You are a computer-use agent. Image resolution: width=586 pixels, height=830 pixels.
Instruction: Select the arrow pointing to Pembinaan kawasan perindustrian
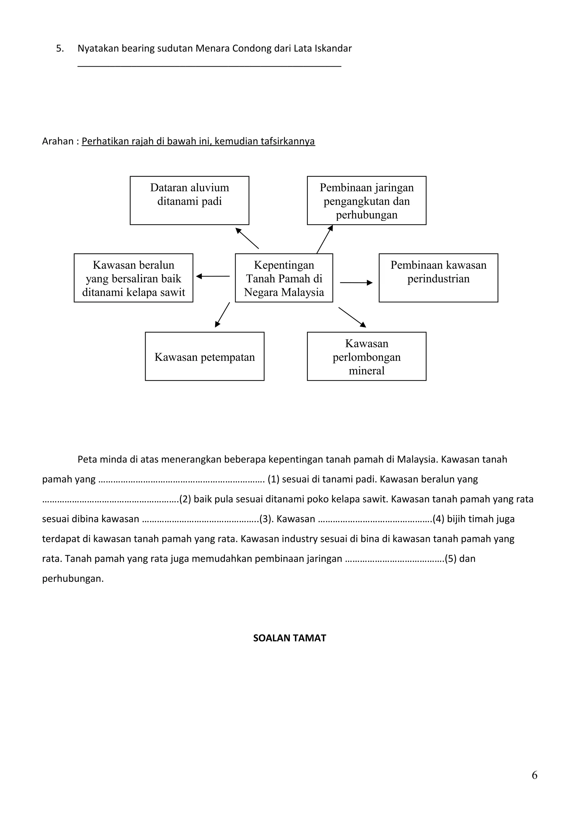pos(356,283)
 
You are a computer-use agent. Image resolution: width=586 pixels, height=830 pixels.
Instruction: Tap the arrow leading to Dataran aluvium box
pos(247,238)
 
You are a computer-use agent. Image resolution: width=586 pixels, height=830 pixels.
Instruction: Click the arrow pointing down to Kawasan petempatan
pos(222,314)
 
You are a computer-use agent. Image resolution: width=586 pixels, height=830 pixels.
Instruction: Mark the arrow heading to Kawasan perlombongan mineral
pos(352,317)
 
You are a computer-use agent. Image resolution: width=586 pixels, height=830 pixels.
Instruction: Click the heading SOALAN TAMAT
pos(289,638)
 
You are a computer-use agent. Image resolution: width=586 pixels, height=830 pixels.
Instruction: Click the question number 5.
pos(60,48)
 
